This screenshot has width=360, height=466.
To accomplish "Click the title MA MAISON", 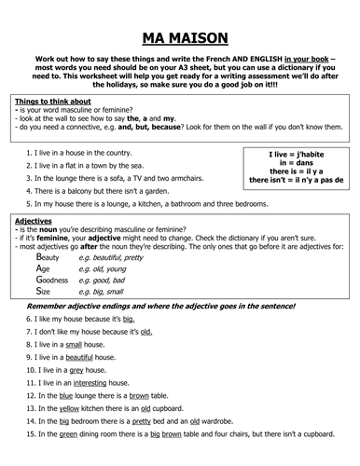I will (x=179, y=38).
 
